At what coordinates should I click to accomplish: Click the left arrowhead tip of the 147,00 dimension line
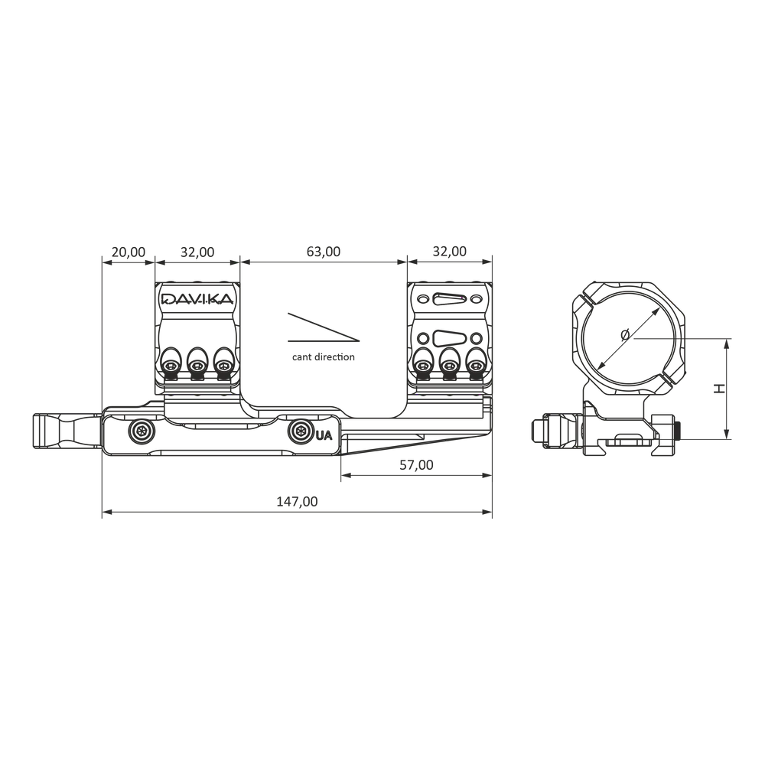[x=103, y=513]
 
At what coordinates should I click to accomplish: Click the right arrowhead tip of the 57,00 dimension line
[x=492, y=475]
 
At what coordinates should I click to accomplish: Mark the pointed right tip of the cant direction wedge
[x=360, y=340]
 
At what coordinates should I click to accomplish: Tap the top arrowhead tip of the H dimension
[x=727, y=339]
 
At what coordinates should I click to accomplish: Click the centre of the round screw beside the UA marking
[x=300, y=431]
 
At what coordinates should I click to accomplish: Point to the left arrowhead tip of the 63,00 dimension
[x=240, y=262]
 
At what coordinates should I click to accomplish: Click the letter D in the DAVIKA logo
[x=169, y=298]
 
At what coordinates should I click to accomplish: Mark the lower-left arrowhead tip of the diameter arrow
[x=599, y=369]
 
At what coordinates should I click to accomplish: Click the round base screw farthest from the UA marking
[x=142, y=431]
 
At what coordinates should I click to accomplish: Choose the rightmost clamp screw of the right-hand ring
[x=475, y=365]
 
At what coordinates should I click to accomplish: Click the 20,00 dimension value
[x=129, y=252]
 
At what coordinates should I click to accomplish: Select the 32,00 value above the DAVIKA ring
[x=197, y=252]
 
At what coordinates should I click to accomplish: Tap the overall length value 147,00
[x=297, y=502]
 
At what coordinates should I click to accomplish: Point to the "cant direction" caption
[x=324, y=357]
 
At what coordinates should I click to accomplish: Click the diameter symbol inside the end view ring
[x=625, y=335]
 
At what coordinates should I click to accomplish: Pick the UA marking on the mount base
[x=324, y=435]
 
